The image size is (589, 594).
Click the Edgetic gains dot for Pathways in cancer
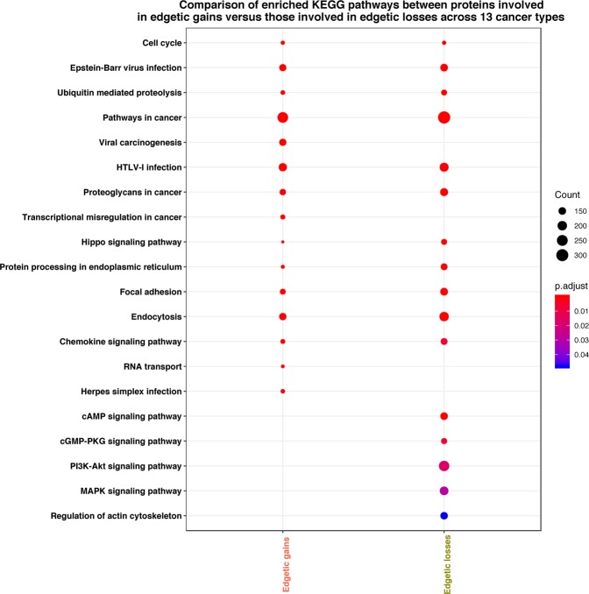tap(282, 117)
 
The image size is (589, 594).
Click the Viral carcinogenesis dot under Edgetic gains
tap(282, 142)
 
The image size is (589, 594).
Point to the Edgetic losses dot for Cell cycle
tap(444, 43)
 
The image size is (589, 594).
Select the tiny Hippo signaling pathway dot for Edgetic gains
tap(282, 242)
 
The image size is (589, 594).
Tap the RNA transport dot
tap(282, 366)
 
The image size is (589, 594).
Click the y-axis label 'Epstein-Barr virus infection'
tap(125, 67)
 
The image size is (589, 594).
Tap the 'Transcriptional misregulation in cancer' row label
tap(98, 216)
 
